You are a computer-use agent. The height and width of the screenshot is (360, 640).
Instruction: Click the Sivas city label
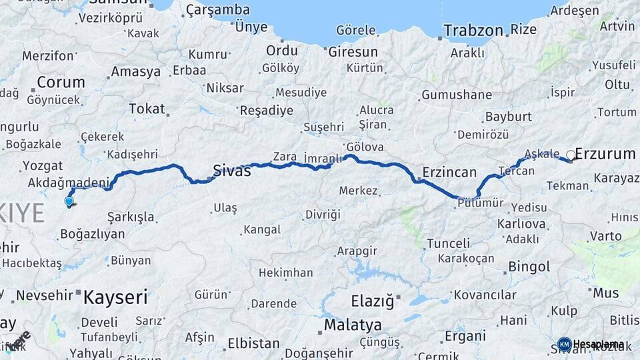click(x=231, y=171)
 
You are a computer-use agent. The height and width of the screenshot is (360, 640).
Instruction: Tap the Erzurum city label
click(x=605, y=154)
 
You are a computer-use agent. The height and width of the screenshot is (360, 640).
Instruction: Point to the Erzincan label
click(x=451, y=171)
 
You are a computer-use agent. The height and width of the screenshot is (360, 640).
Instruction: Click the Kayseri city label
click(x=115, y=297)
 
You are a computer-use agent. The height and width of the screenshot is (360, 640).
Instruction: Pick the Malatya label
click(x=353, y=325)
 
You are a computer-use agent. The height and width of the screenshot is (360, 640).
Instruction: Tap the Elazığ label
click(x=373, y=301)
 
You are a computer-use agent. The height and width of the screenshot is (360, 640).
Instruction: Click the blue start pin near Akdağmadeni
click(x=69, y=201)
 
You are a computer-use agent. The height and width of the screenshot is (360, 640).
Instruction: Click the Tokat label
click(x=147, y=108)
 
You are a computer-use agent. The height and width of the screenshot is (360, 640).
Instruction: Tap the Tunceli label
click(x=448, y=243)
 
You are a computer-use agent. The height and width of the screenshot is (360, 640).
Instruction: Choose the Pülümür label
click(x=480, y=203)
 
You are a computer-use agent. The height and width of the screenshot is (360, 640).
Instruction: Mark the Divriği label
click(x=323, y=214)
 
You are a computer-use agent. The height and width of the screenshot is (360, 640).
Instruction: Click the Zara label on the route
click(x=284, y=157)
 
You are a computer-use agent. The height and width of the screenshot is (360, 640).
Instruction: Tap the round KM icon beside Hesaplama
click(x=564, y=344)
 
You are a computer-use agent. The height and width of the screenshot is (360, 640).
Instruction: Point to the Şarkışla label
click(x=131, y=217)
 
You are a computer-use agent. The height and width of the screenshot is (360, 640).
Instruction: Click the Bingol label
click(x=529, y=267)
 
